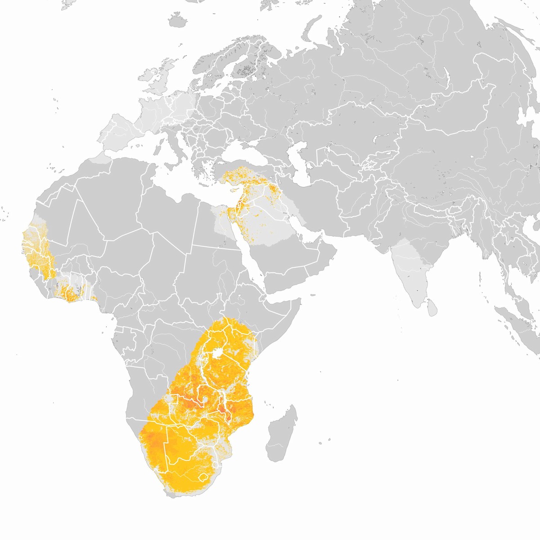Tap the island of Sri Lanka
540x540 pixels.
point(431,307)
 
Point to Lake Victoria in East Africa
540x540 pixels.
point(219,352)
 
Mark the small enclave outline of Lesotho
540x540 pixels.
point(203,477)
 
